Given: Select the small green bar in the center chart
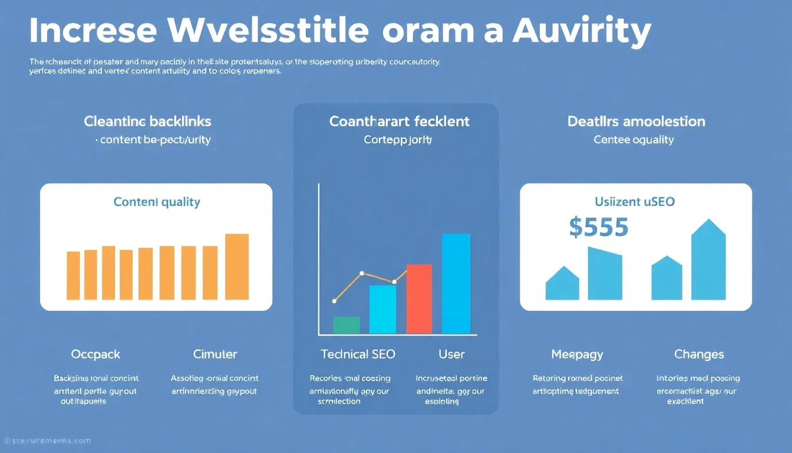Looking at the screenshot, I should [x=346, y=325].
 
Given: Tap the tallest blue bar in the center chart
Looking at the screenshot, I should [x=456, y=283].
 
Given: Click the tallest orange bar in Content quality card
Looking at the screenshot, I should [x=237, y=267].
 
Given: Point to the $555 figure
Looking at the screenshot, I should [x=599, y=227].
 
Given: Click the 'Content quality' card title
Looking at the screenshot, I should [x=157, y=202].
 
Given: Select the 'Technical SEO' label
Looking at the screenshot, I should [x=358, y=354].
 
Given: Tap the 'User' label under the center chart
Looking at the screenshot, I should [x=451, y=354].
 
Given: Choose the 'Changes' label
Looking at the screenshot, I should [x=699, y=354].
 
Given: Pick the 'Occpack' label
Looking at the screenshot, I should [x=95, y=354].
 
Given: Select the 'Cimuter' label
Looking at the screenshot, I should [x=215, y=354].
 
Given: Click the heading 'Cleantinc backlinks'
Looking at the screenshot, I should [x=147, y=122].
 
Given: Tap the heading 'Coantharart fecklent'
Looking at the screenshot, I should [x=399, y=122].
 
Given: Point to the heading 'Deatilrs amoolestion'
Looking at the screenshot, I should [x=636, y=122].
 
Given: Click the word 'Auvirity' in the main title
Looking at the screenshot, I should [x=582, y=31].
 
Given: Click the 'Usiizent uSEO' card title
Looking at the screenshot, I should [x=635, y=202].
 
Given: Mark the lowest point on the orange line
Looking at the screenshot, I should [x=334, y=301].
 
